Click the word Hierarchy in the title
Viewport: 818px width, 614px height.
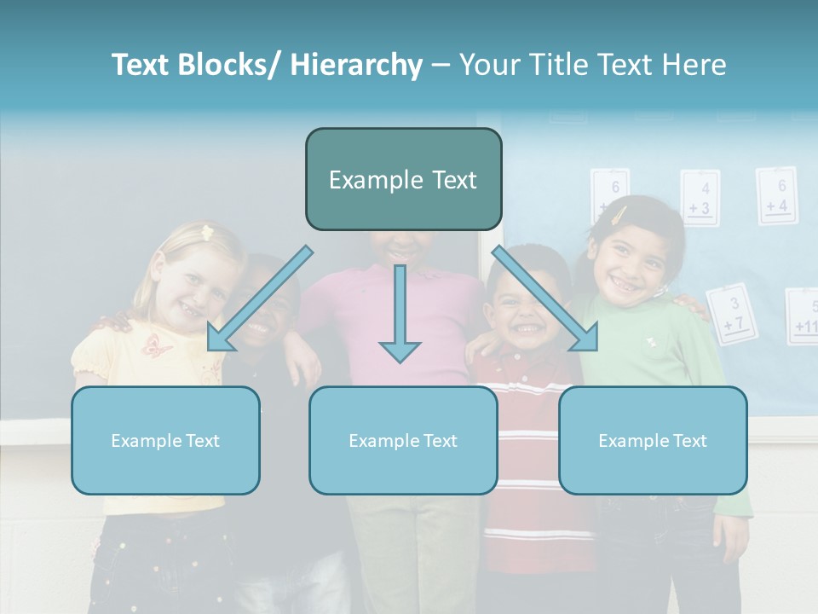point(356,65)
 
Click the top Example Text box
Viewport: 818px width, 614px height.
point(403,179)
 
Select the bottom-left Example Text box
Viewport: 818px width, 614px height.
point(165,440)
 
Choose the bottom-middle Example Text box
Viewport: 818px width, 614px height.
point(403,440)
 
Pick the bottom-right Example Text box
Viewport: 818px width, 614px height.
point(653,440)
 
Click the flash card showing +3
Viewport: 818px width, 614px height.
point(700,199)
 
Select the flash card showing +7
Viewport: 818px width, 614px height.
point(732,314)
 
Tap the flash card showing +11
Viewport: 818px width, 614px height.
point(804,317)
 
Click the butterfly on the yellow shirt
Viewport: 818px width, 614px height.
point(157,345)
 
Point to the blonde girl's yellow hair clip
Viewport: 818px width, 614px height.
point(205,231)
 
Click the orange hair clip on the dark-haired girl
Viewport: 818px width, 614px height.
point(619,214)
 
